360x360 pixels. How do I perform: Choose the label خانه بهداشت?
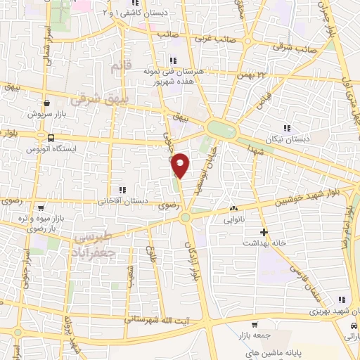[264, 243]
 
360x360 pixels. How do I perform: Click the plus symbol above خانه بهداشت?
[264, 231]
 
